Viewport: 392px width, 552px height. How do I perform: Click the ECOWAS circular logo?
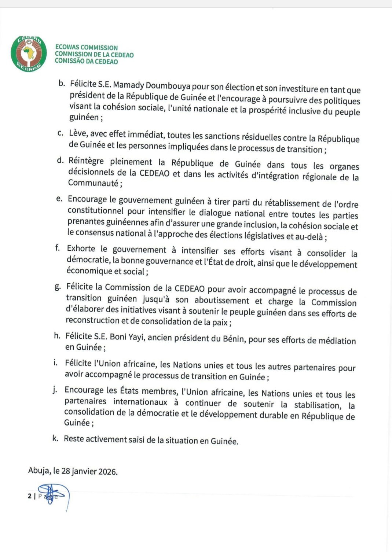point(29,54)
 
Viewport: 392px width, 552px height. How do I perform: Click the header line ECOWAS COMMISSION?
point(87,48)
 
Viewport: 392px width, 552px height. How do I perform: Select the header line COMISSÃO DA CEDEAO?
point(87,62)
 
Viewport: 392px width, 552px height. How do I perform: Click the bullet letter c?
point(61,133)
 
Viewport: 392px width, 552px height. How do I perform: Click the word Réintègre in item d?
point(86,161)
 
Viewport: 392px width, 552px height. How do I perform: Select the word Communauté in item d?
point(93,183)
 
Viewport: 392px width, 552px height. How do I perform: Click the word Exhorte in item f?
point(81,249)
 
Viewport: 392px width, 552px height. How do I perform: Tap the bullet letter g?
point(58,287)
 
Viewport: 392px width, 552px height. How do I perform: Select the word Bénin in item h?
point(233,338)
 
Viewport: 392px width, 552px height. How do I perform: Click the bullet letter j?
point(55,390)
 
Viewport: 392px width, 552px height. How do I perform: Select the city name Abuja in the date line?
point(39,470)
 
